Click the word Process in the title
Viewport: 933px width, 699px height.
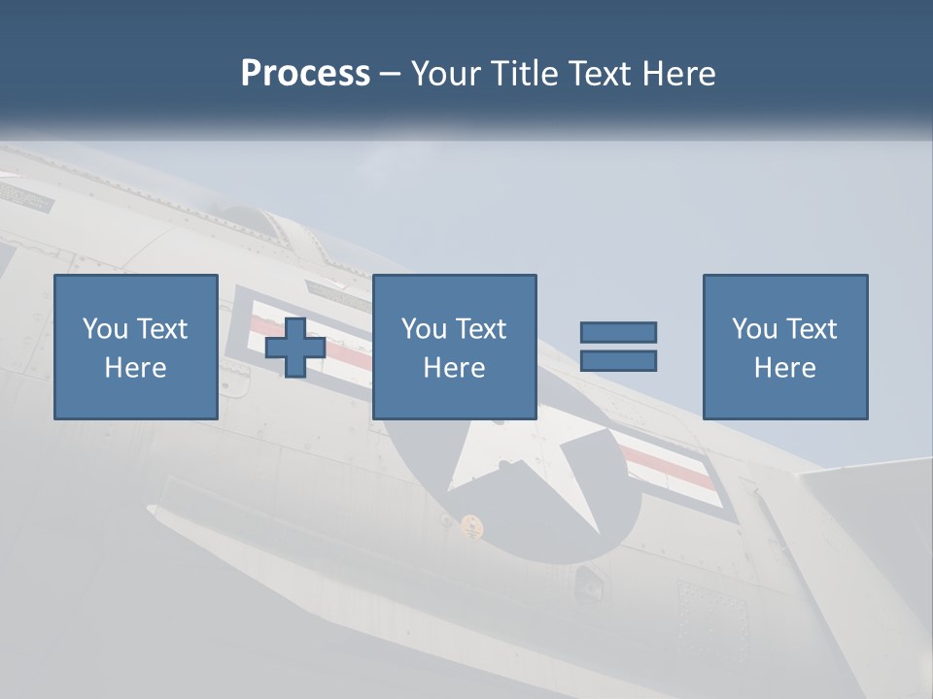click(305, 74)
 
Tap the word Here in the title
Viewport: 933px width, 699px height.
click(677, 74)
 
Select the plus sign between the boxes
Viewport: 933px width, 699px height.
click(295, 348)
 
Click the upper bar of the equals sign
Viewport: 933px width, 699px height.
click(618, 332)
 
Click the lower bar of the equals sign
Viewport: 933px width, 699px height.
click(618, 361)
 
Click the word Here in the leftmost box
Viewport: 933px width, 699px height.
click(136, 368)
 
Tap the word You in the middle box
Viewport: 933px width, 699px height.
click(424, 329)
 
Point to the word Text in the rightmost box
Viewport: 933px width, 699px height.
click(812, 329)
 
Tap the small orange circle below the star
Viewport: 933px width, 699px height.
click(471, 524)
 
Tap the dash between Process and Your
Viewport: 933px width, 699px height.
click(391, 74)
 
